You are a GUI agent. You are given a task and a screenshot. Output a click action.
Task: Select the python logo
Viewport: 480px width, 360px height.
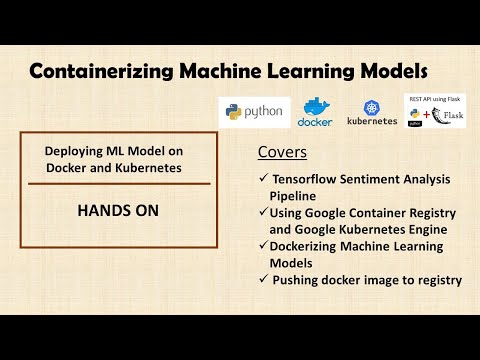click(x=253, y=111)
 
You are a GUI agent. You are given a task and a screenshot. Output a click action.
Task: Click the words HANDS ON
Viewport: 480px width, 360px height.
click(x=118, y=212)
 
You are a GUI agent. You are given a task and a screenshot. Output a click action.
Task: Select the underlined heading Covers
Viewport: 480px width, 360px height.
click(x=283, y=153)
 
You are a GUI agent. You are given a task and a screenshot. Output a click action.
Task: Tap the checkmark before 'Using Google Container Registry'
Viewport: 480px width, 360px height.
click(x=262, y=213)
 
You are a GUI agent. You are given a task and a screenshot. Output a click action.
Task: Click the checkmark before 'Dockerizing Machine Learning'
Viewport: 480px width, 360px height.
click(x=262, y=246)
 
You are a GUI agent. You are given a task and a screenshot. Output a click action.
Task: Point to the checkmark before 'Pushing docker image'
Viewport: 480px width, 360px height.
click(x=262, y=280)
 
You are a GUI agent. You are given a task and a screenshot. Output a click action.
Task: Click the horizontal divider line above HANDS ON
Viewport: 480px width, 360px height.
click(x=118, y=184)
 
